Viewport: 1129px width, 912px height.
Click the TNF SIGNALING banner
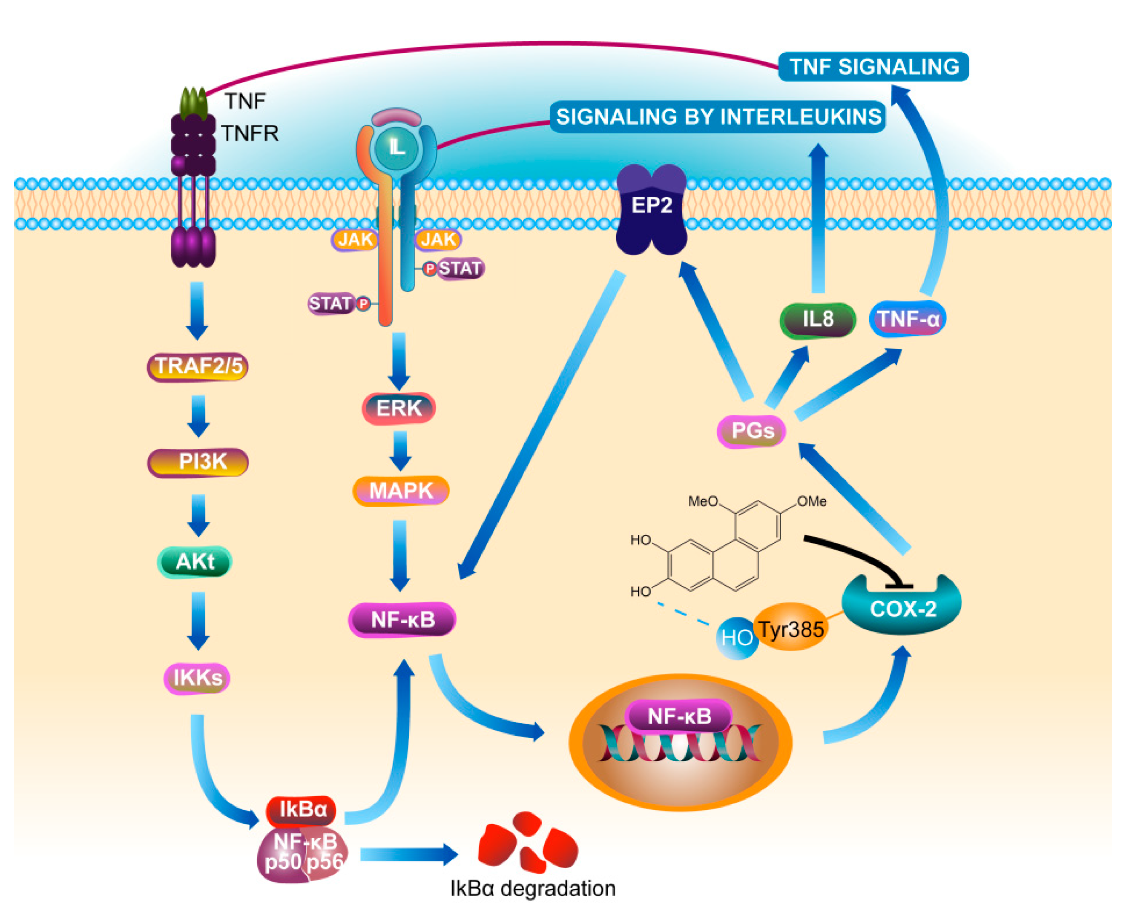(873, 67)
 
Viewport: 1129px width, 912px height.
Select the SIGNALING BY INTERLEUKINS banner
(718, 117)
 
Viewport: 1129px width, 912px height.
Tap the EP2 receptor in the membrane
(652, 209)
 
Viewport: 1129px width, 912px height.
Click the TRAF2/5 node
(198, 366)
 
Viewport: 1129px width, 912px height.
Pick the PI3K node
(198, 462)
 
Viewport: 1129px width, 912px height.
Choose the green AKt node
(194, 562)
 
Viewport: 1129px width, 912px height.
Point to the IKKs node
(197, 678)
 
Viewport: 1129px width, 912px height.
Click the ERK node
(399, 408)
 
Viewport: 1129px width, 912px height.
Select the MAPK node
(401, 490)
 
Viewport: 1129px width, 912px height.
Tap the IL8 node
(817, 319)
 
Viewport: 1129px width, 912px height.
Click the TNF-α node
(907, 319)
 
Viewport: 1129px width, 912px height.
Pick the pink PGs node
(751, 431)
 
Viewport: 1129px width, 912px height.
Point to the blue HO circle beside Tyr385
(737, 638)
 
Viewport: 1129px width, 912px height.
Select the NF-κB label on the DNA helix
(679, 716)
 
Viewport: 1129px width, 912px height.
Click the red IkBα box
(301, 809)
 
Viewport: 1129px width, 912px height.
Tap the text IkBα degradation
(533, 888)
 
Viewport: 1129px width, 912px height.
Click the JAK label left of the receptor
(355, 240)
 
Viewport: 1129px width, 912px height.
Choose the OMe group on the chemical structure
(812, 502)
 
